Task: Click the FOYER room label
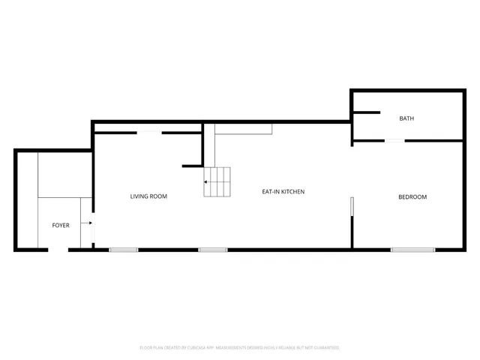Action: click(60, 225)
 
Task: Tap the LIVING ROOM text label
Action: click(148, 196)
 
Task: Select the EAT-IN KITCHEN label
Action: click(283, 192)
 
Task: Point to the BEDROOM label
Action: click(412, 197)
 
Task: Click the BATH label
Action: click(406, 118)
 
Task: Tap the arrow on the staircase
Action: click(206, 181)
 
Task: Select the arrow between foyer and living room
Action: click(89, 223)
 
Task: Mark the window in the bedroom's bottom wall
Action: click(412, 250)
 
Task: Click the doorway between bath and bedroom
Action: click(394, 140)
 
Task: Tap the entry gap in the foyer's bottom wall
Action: click(58, 250)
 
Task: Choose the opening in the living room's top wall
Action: click(148, 133)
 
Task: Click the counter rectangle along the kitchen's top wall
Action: click(244, 129)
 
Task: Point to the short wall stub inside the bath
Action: click(367, 113)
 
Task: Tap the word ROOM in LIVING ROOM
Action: click(158, 196)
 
